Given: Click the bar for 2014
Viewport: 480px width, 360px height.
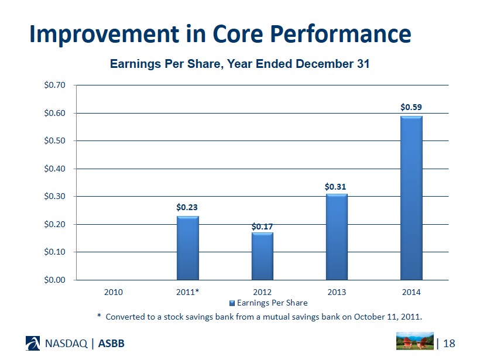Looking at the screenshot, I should tap(411, 198).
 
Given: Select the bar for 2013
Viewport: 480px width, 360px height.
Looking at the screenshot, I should tap(337, 236).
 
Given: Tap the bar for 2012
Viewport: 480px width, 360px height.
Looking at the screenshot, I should tap(262, 256).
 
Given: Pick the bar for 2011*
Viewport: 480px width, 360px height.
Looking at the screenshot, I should tap(187, 248).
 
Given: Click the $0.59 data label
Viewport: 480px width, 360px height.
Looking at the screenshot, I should tap(411, 107).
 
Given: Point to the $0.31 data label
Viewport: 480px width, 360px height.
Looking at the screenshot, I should tap(336, 186).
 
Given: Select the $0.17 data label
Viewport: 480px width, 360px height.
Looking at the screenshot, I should tap(262, 226).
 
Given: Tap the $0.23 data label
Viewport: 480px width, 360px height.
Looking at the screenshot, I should tap(187, 207).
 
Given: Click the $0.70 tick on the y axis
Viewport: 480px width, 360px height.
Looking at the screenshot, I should tap(54, 85).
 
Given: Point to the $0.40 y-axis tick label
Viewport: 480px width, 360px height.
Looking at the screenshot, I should tap(54, 169).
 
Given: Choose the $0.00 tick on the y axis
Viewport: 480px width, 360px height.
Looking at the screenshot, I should tap(54, 280).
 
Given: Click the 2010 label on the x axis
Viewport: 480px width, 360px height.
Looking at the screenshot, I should tap(113, 292).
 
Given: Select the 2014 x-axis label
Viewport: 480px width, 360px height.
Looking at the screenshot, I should tap(411, 292).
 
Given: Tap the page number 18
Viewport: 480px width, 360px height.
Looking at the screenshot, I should tap(450, 343).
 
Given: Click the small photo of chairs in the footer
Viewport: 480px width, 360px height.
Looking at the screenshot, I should tap(414, 341).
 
